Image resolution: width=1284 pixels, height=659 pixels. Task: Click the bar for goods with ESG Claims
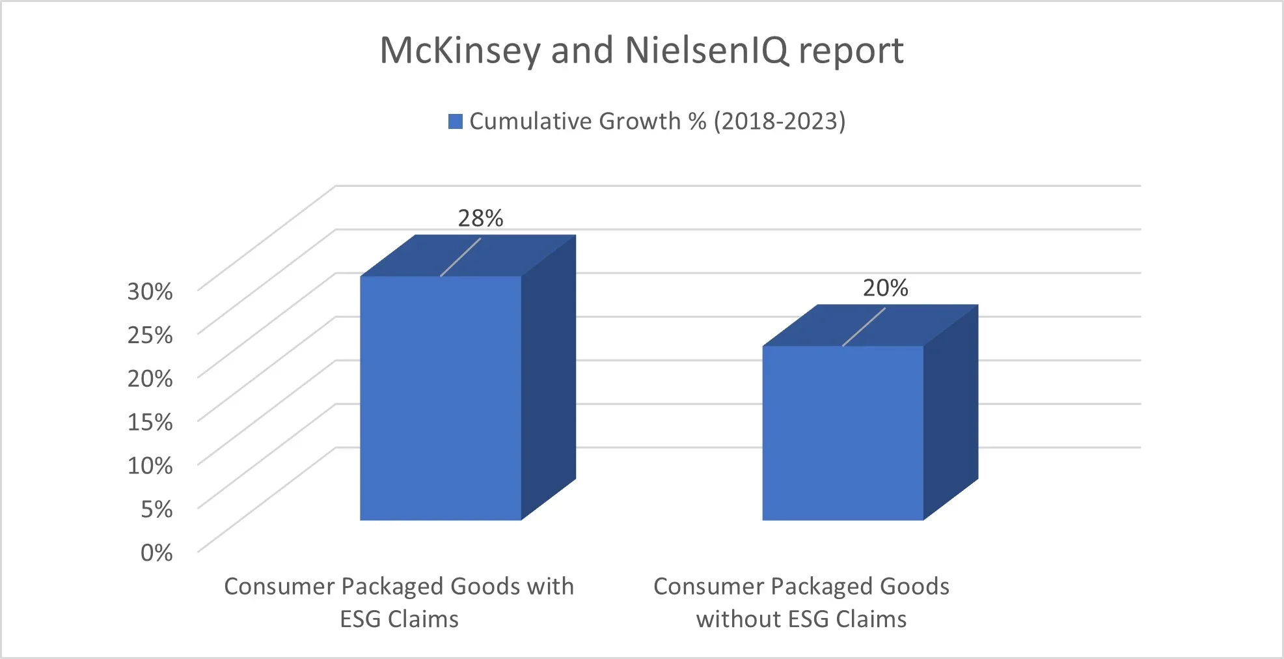pos(441,397)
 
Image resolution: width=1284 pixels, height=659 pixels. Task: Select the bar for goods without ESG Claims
pos(842,432)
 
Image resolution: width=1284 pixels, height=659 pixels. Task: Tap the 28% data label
pos(480,218)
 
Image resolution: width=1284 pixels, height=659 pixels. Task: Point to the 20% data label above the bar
pos(885,288)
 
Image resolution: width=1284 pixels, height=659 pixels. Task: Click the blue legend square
pos(455,122)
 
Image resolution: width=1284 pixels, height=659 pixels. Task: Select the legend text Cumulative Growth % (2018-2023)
pos(657,122)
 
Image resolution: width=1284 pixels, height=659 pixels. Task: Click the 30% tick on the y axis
pos(150,291)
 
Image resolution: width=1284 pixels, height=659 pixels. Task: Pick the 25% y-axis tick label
pos(150,335)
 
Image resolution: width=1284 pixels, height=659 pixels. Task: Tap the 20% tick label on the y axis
pos(150,378)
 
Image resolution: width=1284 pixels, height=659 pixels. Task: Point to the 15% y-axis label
pos(150,422)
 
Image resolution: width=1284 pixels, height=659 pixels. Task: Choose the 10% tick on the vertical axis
pos(150,466)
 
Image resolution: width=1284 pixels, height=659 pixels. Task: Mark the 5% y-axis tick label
pos(156,509)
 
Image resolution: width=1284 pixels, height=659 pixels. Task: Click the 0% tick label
pos(156,553)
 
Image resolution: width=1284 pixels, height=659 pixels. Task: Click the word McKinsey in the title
pos(460,50)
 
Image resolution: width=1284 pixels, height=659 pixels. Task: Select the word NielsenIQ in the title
pos(707,50)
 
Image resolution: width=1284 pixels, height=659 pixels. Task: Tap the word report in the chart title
pos(851,50)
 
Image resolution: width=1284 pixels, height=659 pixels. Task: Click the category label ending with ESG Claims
pos(399,602)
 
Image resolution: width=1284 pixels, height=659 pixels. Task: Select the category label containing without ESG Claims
pos(801,602)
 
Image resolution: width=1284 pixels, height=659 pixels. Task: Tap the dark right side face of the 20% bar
pos(950,417)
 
